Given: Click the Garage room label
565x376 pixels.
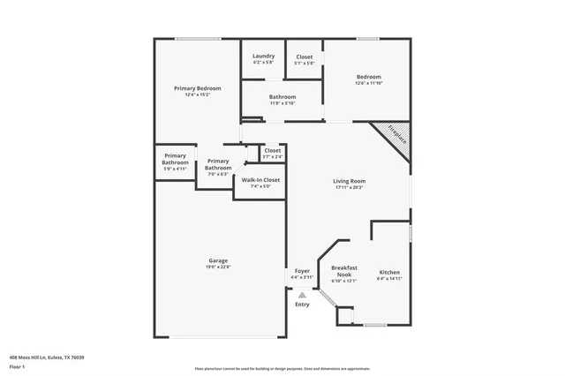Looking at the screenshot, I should coord(218,260).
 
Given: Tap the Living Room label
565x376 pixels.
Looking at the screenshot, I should coord(350,181).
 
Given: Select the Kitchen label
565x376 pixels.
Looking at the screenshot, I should coord(389,272).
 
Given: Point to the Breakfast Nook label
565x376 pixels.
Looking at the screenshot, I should coord(343,270).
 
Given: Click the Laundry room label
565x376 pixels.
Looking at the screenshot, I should coord(263,56).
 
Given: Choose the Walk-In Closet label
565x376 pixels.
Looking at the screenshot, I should coord(254,180).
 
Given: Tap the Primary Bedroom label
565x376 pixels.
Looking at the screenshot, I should coord(197,88).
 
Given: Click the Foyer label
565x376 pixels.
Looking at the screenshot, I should coord(302,271).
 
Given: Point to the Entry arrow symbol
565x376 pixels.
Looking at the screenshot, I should coord(302,296).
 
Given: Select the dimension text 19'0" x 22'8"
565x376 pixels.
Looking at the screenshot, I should coord(218,267).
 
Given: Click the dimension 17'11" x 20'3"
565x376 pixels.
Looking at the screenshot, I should coord(350,187).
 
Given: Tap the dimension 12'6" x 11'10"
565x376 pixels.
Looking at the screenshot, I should coord(368,83).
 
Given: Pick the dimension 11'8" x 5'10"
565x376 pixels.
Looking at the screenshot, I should coord(282,103).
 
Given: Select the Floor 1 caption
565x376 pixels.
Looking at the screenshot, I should coord(18,366).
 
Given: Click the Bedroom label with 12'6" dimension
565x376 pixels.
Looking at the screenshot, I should coord(368,77).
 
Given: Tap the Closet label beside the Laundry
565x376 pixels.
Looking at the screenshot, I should coord(304,56).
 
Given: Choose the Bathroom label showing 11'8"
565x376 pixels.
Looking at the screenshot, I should coord(282,97).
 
